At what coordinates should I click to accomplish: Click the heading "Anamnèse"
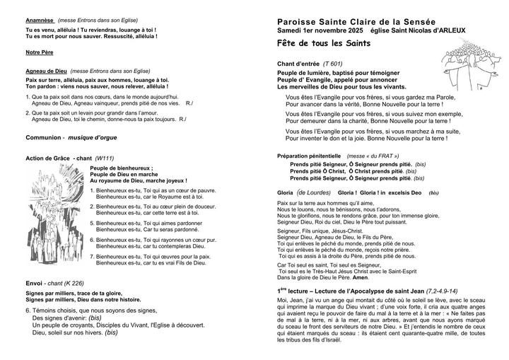[x=40, y=21]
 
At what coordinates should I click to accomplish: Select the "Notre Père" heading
[x=39, y=53]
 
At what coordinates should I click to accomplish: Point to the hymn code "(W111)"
[x=104, y=158]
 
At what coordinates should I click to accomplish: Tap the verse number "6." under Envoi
[x=28, y=309]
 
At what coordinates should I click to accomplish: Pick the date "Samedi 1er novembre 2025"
[x=320, y=32]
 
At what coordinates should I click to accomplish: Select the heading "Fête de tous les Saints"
[x=324, y=44]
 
